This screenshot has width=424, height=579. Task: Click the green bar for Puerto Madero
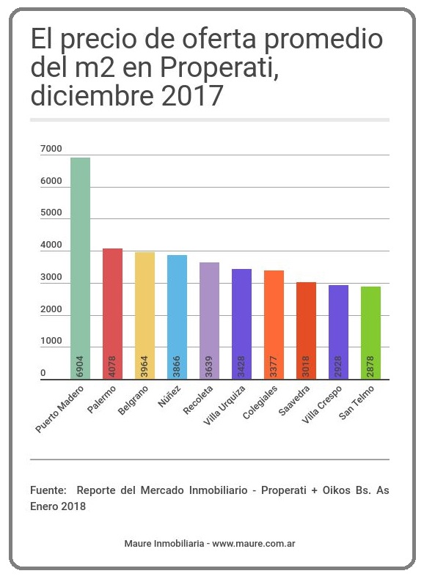point(80,268)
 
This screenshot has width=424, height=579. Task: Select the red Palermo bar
point(112,314)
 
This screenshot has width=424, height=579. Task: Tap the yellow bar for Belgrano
point(145,316)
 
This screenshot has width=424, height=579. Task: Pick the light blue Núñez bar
point(177,317)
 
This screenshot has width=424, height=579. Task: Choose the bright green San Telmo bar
point(370,333)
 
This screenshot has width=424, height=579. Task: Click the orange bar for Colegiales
point(274,325)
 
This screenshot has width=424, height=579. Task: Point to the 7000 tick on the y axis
point(51,149)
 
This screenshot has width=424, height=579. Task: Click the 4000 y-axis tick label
point(51,245)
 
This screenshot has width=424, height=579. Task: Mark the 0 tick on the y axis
point(43,373)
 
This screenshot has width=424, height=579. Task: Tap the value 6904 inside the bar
point(80,366)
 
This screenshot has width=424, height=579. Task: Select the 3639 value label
point(209,366)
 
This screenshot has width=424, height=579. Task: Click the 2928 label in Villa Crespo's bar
point(338,366)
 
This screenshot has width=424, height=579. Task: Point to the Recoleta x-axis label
point(198,399)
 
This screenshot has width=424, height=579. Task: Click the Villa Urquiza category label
point(224,405)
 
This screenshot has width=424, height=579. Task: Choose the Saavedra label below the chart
point(294,400)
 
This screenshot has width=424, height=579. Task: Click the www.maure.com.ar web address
point(254,544)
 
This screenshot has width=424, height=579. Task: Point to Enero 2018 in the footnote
point(58,506)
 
